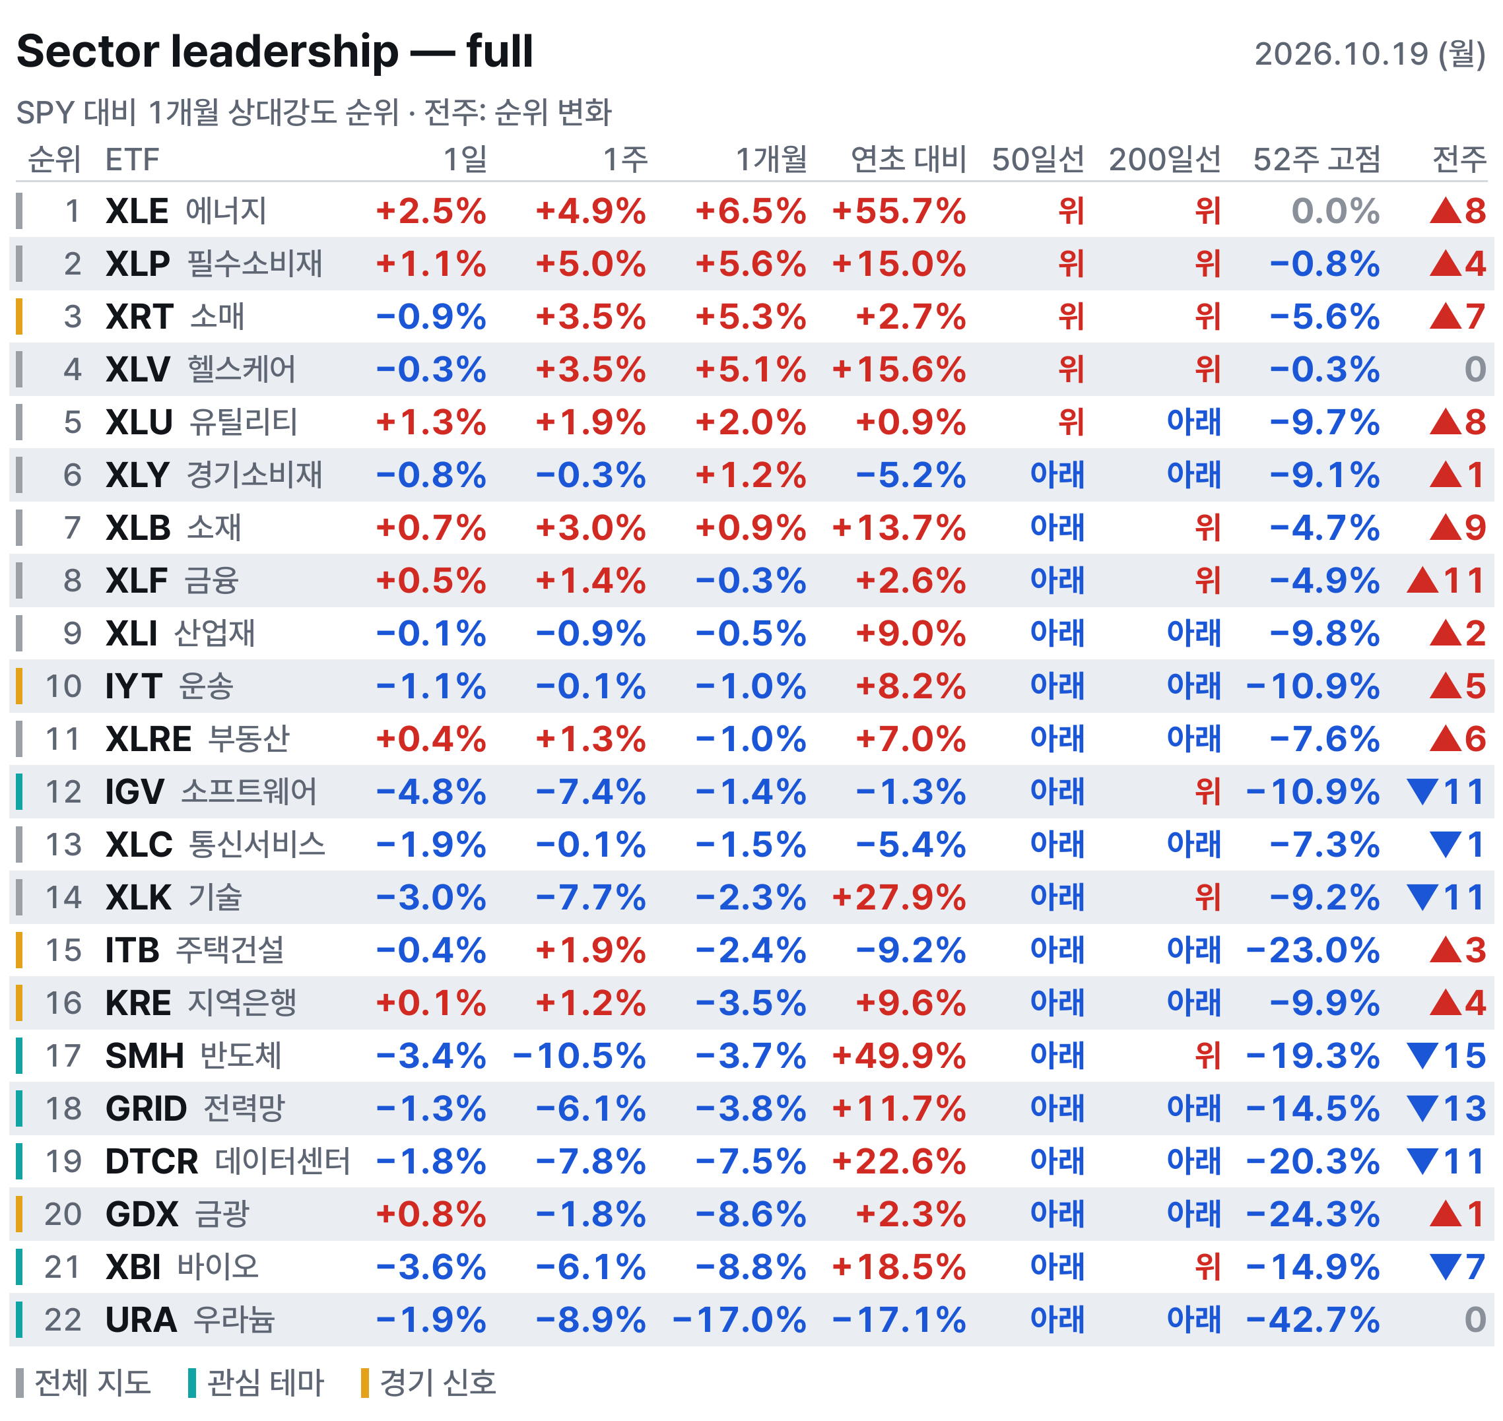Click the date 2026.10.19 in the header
1340,53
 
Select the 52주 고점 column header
1316,159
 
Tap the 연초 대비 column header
908,159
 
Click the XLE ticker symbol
137,211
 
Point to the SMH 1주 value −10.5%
580,1056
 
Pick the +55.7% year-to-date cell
898,211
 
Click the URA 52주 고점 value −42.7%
1313,1320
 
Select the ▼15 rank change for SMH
1446,1056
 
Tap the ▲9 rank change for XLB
1457,528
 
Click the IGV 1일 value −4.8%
431,792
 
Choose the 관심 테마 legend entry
256,1383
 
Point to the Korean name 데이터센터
283,1161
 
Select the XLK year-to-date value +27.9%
898,898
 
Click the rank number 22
63,1320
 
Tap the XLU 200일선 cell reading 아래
1193,422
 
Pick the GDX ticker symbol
142,1214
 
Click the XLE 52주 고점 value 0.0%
1335,211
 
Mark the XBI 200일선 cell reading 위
1207,1267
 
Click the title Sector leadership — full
275,51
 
